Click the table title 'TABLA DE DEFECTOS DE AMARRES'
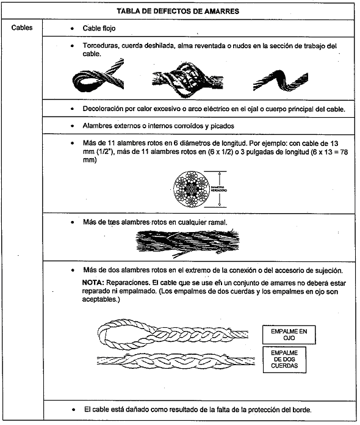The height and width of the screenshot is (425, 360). click(x=178, y=11)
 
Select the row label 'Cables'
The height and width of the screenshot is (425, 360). click(x=22, y=27)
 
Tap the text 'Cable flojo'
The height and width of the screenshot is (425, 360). click(x=99, y=28)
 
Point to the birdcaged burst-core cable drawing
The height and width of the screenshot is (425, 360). click(x=187, y=79)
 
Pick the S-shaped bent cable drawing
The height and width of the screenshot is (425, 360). click(x=280, y=81)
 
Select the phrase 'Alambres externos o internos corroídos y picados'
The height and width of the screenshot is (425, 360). click(x=159, y=126)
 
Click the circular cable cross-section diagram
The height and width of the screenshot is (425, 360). click(x=192, y=189)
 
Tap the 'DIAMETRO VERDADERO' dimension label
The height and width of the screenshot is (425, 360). click(x=219, y=189)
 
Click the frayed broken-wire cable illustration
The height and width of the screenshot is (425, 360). click(x=187, y=242)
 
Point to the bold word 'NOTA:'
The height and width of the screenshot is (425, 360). click(x=93, y=283)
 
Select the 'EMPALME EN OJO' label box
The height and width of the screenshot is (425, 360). click(x=289, y=335)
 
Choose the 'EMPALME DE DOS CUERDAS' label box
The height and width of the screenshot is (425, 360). click(x=284, y=360)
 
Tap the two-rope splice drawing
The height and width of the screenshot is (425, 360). click(x=176, y=361)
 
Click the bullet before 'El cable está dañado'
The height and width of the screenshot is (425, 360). click(x=74, y=410)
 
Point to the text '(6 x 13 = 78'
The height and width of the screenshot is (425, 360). click(x=329, y=152)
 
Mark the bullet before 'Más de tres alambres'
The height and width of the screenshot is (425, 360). click(x=73, y=222)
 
